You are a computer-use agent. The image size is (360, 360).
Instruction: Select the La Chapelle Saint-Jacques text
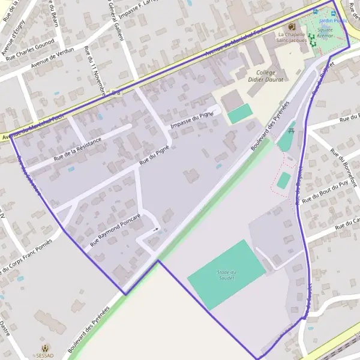click(292, 37)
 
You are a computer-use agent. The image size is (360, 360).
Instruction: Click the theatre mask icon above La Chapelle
click(292, 26)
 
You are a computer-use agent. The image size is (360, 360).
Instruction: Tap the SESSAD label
click(44, 355)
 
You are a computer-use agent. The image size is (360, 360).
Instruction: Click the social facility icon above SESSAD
click(44, 347)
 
